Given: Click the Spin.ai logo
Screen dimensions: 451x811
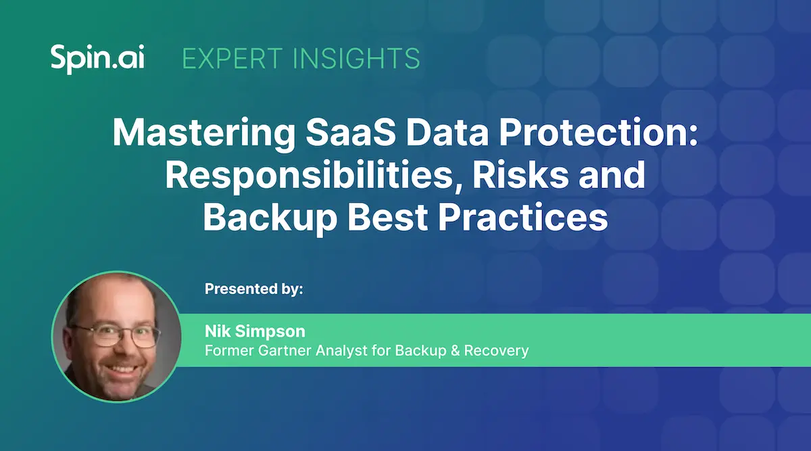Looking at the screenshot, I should (x=97, y=59).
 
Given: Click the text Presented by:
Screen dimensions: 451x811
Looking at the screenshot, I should (x=254, y=289).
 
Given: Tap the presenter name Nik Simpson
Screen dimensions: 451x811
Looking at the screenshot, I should (x=255, y=331).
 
